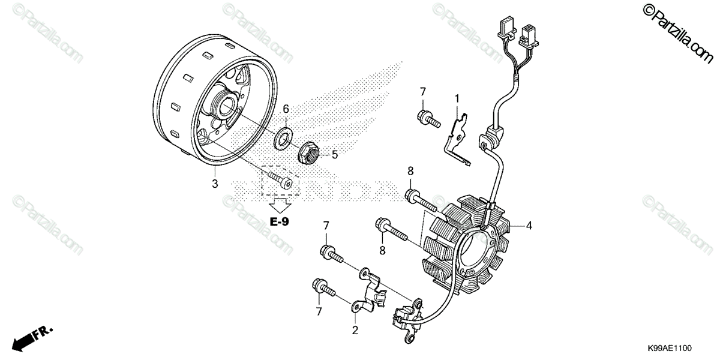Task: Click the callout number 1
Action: coord(457,97)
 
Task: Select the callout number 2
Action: coord(355,329)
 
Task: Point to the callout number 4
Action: coord(529,226)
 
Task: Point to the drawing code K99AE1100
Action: coord(670,347)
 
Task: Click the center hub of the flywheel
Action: coord(230,109)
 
